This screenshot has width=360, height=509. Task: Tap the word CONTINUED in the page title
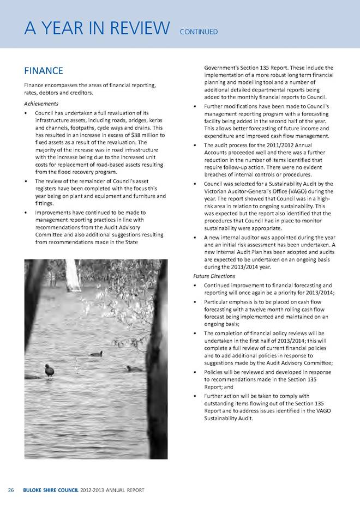(x=199, y=32)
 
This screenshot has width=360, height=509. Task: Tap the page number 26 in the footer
(x=11, y=490)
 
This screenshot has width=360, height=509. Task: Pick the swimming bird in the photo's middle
(x=97, y=354)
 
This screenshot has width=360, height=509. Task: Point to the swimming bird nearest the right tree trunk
(x=133, y=369)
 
